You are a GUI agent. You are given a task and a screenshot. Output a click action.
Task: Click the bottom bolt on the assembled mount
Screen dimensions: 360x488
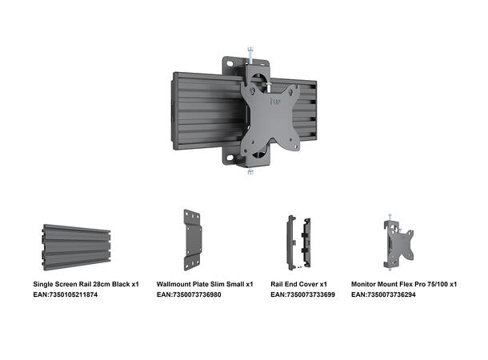(250, 169)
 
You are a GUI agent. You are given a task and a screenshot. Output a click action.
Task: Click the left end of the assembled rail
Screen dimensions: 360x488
(177, 112)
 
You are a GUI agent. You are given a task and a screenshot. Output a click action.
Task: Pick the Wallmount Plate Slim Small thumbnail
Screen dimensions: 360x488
(193, 240)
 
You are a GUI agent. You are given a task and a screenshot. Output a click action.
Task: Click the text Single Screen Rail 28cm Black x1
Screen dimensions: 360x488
(86, 284)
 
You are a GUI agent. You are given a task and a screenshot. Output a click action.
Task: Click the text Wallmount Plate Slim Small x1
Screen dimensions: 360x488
(205, 284)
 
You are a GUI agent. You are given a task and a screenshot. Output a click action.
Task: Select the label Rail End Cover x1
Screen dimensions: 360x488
(298, 284)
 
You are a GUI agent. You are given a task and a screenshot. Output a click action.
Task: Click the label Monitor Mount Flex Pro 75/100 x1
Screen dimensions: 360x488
(404, 284)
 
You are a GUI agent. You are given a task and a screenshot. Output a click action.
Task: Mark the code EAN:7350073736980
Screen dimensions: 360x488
(189, 295)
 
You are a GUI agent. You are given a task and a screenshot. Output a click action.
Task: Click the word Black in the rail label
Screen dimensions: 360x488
(119, 284)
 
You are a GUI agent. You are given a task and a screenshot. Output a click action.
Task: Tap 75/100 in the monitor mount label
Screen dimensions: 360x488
(437, 284)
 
